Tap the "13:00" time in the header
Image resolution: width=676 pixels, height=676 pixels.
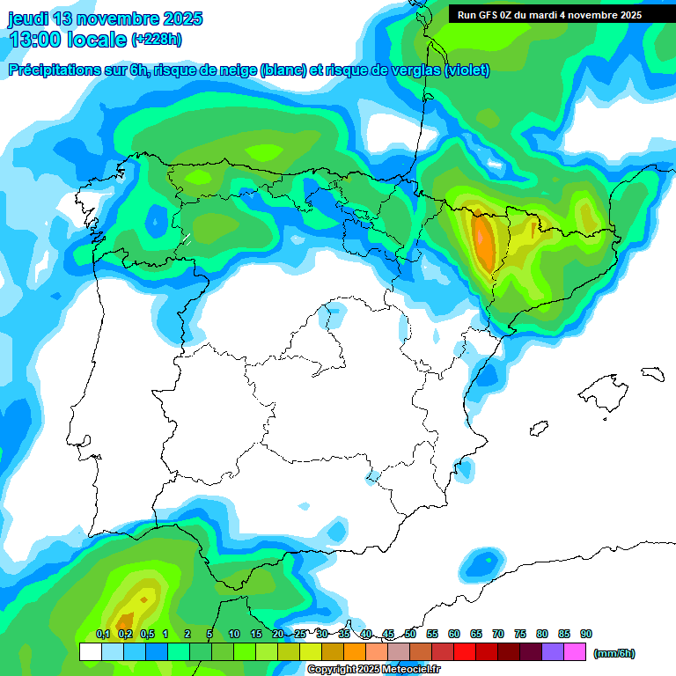(x=34, y=40)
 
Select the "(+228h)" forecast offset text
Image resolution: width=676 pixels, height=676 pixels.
(x=157, y=40)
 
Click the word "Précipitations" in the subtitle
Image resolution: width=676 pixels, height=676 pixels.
(x=54, y=70)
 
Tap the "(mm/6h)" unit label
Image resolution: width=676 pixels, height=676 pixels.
(x=614, y=653)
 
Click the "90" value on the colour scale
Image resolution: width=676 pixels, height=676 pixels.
(x=586, y=634)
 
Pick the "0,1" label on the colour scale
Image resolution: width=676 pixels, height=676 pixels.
(x=102, y=634)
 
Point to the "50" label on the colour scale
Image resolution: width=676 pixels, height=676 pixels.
(x=410, y=634)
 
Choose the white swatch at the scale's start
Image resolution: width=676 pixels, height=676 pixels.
(x=90, y=652)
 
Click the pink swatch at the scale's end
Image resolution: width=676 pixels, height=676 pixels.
(x=575, y=652)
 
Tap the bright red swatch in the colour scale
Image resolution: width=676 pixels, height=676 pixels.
(x=465, y=652)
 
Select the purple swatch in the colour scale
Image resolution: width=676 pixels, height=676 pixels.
(x=553, y=652)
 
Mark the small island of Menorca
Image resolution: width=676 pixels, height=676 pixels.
(x=652, y=374)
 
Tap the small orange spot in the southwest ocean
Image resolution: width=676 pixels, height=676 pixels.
(x=126, y=621)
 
